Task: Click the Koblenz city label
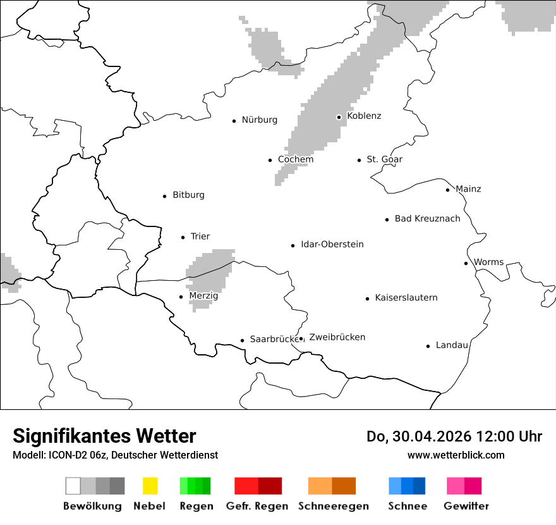point(364,116)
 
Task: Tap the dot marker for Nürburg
point(234,121)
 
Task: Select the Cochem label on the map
point(296,159)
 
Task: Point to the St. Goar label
point(384,159)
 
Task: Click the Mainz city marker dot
point(447,190)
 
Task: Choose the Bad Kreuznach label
point(427,219)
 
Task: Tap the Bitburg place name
point(188,195)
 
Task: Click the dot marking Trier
point(183,237)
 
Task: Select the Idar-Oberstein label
point(332,245)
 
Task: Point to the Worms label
point(488,262)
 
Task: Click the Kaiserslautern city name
point(406,298)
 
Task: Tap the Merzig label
point(203,296)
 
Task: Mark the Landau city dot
point(428,346)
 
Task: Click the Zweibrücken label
point(337,338)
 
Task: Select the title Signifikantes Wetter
point(104,436)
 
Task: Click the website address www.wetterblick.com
point(456,455)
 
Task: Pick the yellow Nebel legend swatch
point(150,486)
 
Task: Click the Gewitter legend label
point(466,506)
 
